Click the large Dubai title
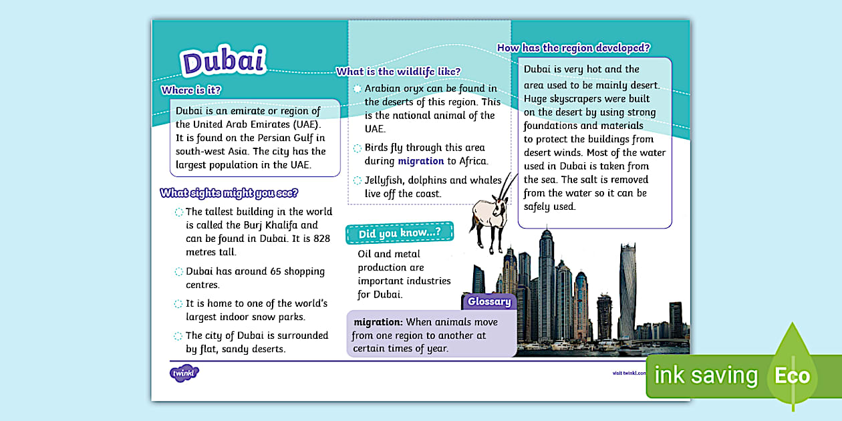tap(224, 61)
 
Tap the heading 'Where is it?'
tap(191, 90)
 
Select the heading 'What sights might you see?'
tap(229, 193)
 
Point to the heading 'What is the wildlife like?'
tap(398, 72)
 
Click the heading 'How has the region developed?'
tap(574, 47)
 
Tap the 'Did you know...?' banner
tap(399, 233)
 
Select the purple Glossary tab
tap(489, 301)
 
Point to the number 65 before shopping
tap(261, 271)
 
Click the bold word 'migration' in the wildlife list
tap(421, 161)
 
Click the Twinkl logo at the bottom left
tap(184, 373)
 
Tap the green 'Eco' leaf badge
tap(793, 374)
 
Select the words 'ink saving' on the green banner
tap(706, 376)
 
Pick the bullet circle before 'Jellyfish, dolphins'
tap(358, 180)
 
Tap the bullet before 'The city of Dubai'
tap(178, 336)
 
